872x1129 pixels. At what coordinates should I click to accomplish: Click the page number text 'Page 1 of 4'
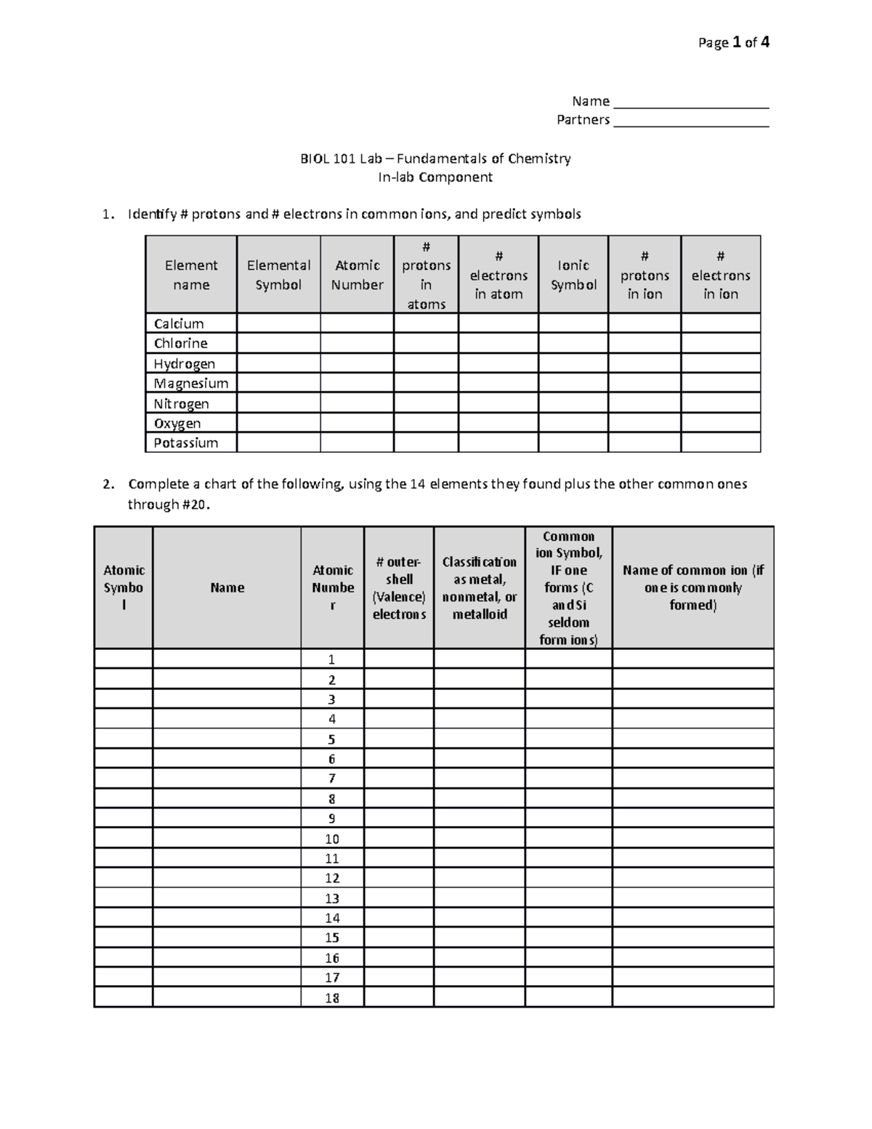[x=733, y=43]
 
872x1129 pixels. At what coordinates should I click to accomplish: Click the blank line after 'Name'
[x=690, y=103]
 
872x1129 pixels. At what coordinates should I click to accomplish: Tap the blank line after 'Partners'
[x=690, y=121]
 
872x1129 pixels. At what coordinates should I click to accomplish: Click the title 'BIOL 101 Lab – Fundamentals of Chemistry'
[x=435, y=158]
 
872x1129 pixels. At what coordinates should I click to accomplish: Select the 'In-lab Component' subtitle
[x=435, y=177]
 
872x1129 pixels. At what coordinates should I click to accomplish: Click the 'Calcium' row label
[x=179, y=324]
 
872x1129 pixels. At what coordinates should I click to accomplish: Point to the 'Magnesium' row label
[x=191, y=383]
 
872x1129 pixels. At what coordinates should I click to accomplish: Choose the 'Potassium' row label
[x=186, y=443]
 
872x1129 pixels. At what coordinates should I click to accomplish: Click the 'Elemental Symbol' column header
[x=278, y=275]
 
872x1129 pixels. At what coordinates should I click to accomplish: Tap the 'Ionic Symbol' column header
[x=573, y=275]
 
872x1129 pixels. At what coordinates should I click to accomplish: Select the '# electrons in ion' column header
[x=720, y=275]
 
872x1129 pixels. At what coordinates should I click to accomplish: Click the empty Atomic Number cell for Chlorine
[x=357, y=343]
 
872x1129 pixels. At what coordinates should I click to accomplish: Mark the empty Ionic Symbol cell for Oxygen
[x=573, y=423]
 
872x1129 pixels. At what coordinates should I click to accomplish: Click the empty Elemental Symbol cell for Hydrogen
[x=278, y=363]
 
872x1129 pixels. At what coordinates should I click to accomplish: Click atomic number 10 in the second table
[x=332, y=838]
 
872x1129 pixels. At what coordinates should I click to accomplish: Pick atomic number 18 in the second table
[x=332, y=997]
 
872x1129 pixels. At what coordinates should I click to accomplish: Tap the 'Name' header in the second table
[x=227, y=587]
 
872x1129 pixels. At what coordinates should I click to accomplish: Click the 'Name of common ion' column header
[x=693, y=587]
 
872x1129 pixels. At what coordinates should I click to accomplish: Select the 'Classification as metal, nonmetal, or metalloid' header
[x=480, y=587]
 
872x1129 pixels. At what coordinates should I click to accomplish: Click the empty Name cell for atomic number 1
[x=227, y=659]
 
